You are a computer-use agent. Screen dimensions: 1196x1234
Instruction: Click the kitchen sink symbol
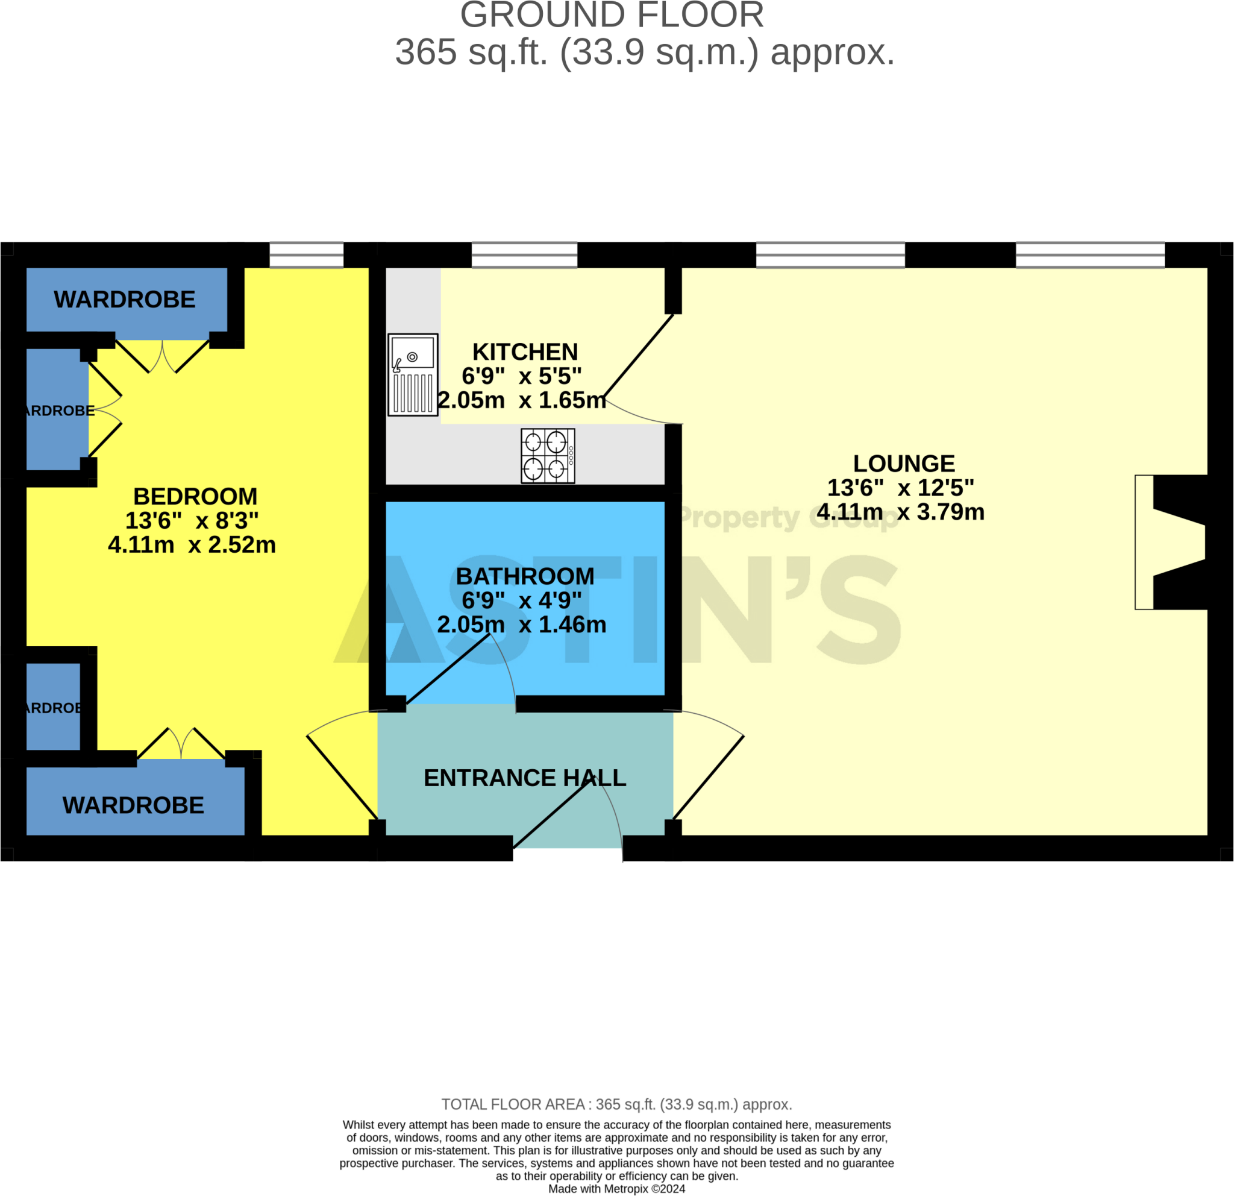tap(412, 375)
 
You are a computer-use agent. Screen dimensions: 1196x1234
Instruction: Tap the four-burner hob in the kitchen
tap(548, 456)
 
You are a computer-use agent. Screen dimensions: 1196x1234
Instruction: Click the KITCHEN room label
tap(525, 352)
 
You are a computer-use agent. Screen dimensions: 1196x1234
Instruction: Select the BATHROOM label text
tap(525, 576)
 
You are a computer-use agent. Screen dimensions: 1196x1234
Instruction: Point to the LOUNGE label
tap(903, 464)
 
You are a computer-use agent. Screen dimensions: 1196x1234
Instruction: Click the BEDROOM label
tap(195, 496)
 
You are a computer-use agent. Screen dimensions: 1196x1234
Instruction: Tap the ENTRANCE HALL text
tap(524, 778)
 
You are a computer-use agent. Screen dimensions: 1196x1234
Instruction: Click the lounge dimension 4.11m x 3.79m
tap(900, 512)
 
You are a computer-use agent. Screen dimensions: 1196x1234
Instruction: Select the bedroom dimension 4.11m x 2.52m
tap(192, 545)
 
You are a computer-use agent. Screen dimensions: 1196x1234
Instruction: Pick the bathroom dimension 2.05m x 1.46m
tap(521, 625)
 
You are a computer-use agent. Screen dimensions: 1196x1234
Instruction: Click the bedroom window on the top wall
tap(307, 255)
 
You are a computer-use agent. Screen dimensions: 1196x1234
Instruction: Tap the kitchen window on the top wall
tap(524, 255)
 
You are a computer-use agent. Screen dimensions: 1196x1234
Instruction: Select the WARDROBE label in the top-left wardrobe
tap(125, 300)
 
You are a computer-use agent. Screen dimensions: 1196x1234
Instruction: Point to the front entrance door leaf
tap(554, 813)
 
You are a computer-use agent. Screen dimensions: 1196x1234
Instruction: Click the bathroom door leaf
tap(448, 669)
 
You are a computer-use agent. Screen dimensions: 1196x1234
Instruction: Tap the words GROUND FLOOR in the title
tap(612, 16)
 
